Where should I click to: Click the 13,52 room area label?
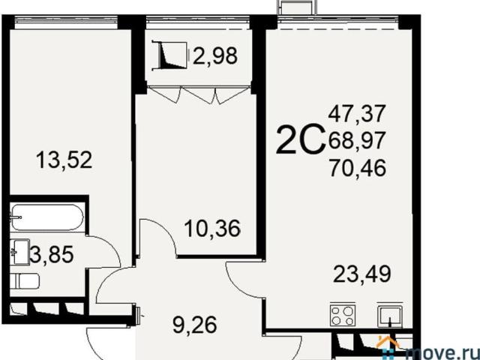pyautogui.click(x=64, y=160)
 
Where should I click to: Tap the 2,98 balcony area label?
pyautogui.click(x=215, y=56)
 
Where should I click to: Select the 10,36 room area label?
pyautogui.click(x=212, y=229)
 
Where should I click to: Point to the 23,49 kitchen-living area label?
pyautogui.click(x=362, y=274)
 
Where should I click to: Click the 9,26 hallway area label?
pyautogui.click(x=195, y=325)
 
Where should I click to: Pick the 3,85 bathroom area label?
pyautogui.click(x=52, y=255)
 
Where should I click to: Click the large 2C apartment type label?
pyautogui.click(x=300, y=139)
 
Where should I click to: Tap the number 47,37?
pyautogui.click(x=356, y=113)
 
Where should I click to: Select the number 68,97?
pyautogui.click(x=356, y=141)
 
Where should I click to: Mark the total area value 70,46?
pyautogui.click(x=358, y=168)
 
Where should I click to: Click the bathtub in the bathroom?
pyautogui.click(x=46, y=217)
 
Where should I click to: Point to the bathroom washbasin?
pyautogui.click(x=19, y=252)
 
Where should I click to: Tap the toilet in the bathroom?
pyautogui.click(x=25, y=281)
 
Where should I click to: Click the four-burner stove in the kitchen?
pyautogui.click(x=343, y=316)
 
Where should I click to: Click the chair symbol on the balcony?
pyautogui.click(x=173, y=55)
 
